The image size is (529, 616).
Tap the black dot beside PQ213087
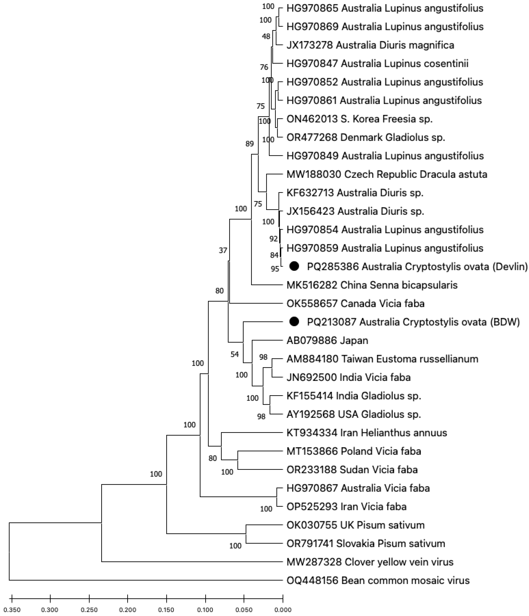294,321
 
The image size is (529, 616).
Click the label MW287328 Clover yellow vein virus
370,562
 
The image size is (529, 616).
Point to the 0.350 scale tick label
12,609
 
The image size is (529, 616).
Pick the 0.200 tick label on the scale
128,609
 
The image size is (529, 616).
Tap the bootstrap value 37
223,250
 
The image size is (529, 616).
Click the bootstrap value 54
235,354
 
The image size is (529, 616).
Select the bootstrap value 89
250,144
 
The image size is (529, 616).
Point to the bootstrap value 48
266,36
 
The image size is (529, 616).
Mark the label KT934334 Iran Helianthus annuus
367,433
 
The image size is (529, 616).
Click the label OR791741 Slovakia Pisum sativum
366,543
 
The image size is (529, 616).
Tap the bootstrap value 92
273,238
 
